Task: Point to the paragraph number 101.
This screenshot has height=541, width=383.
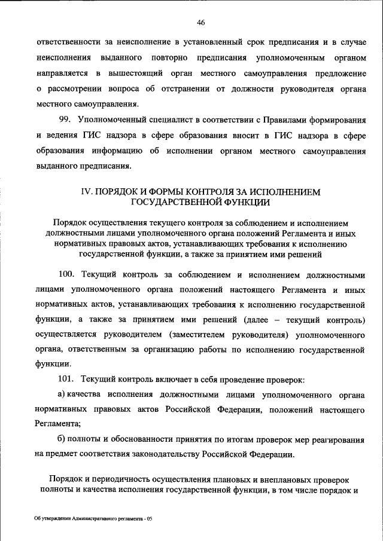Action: tap(66, 380)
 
